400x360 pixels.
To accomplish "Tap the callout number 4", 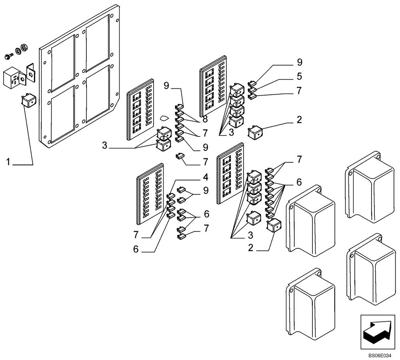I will click(x=205, y=176).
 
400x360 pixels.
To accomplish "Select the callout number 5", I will click(x=299, y=76).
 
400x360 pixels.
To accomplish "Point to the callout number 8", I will click(x=205, y=119).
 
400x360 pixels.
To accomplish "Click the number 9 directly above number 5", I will click(x=299, y=62).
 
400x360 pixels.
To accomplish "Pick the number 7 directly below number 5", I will click(x=299, y=90).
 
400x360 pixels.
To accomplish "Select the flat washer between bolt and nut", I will click(x=18, y=51).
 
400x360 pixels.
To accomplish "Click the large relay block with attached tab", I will click(x=13, y=78).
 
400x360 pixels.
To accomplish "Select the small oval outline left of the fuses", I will click(x=164, y=118).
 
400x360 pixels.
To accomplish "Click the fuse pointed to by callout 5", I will click(x=252, y=90).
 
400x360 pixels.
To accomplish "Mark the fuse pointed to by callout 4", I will click(x=170, y=196).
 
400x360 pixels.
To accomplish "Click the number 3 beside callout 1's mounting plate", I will click(x=104, y=145).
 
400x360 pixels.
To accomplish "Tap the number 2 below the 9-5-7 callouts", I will click(x=299, y=119).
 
